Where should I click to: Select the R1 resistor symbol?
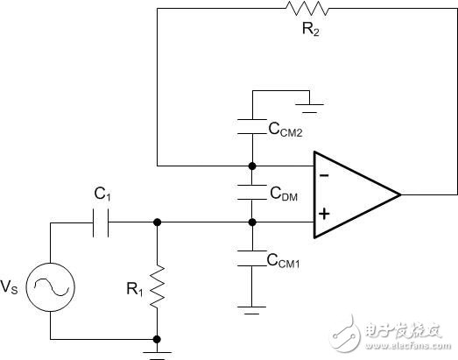(x=157, y=286)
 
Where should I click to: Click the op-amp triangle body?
(x=350, y=194)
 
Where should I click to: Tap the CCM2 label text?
(x=286, y=131)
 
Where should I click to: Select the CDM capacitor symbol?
(x=251, y=193)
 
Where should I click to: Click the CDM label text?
(x=284, y=195)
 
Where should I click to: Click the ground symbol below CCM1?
(x=251, y=308)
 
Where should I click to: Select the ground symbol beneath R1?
(x=157, y=350)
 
